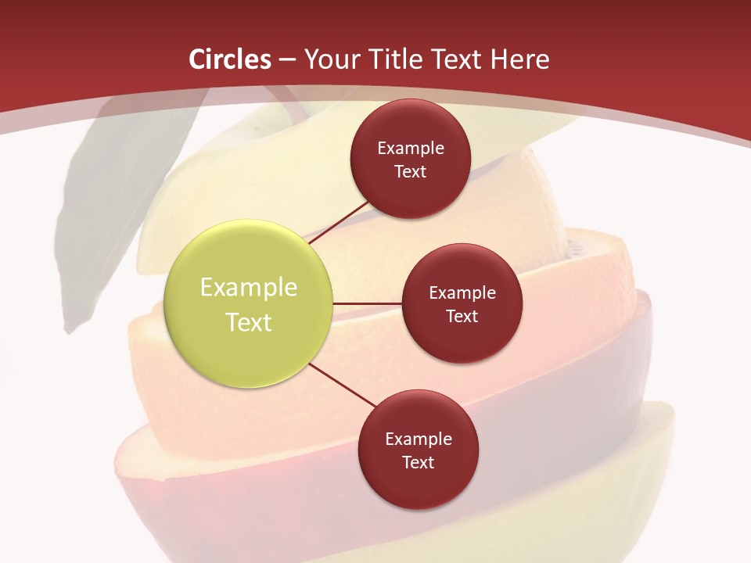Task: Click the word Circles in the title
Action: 230,59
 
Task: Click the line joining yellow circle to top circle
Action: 340,223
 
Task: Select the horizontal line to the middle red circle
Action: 368,303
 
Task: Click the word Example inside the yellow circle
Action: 249,288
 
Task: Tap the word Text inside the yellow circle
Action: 249,322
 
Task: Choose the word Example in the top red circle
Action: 411,148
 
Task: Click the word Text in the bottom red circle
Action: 418,462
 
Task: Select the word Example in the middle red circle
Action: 462,293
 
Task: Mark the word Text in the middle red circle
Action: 462,316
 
